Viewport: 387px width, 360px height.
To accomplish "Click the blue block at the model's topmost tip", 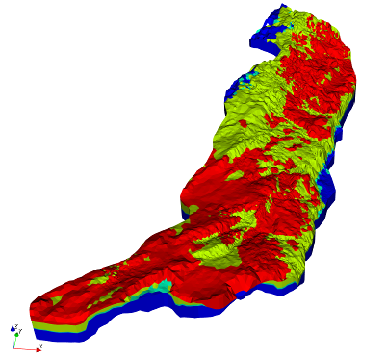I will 262,38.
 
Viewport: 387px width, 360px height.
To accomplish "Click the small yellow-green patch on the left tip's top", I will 56,300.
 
